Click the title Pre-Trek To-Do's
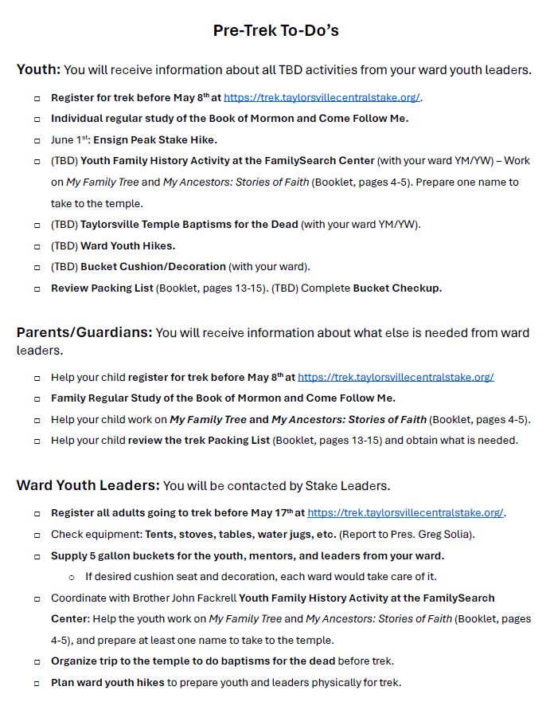click(275, 30)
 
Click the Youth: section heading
click(38, 70)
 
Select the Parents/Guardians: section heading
click(84, 332)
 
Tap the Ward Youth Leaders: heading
click(88, 485)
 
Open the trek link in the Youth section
click(322, 98)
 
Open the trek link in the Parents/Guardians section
click(396, 377)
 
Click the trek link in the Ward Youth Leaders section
click(405, 513)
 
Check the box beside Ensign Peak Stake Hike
click(37, 140)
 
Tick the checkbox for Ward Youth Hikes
click(37, 246)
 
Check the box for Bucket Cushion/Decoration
click(37, 267)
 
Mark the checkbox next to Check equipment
click(37, 535)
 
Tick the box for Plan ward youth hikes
click(37, 683)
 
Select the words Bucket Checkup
click(397, 288)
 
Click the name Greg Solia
click(447, 534)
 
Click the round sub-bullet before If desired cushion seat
click(72, 577)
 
